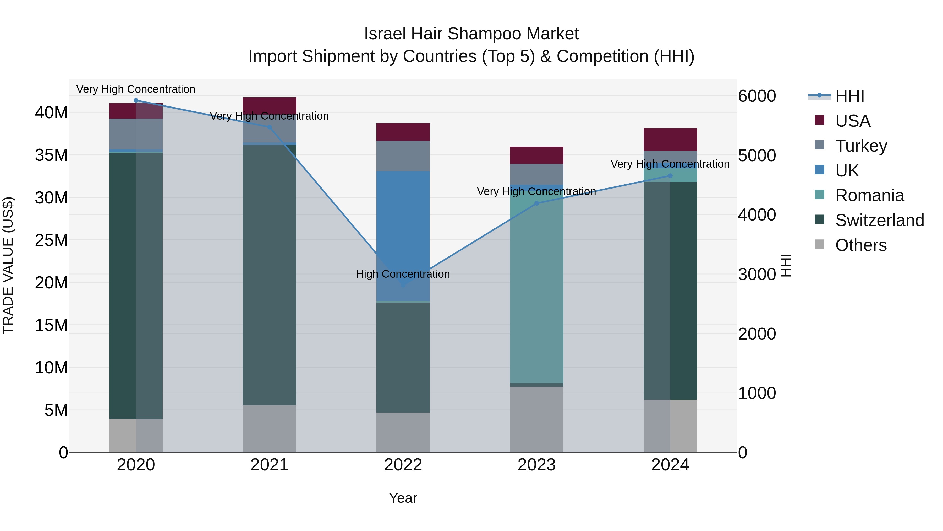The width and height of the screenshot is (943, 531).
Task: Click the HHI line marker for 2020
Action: click(136, 100)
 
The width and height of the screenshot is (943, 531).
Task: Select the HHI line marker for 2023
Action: click(537, 203)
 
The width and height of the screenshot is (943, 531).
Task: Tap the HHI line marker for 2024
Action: click(670, 176)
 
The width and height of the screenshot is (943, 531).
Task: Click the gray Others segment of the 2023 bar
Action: click(537, 420)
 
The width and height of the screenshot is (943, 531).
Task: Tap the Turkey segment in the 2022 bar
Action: click(403, 156)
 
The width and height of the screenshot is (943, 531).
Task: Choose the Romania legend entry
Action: click(869, 195)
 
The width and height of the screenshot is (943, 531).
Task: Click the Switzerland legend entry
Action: click(879, 220)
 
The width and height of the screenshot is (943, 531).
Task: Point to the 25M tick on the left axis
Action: click(51, 240)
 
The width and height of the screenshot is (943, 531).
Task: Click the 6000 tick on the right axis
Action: click(757, 96)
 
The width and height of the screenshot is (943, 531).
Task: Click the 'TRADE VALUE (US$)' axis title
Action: click(8, 265)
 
